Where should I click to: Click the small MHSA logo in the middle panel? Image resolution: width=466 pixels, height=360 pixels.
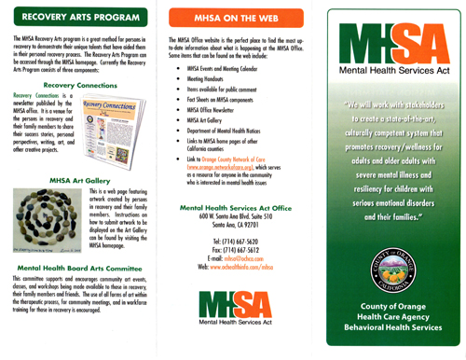(229, 309)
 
